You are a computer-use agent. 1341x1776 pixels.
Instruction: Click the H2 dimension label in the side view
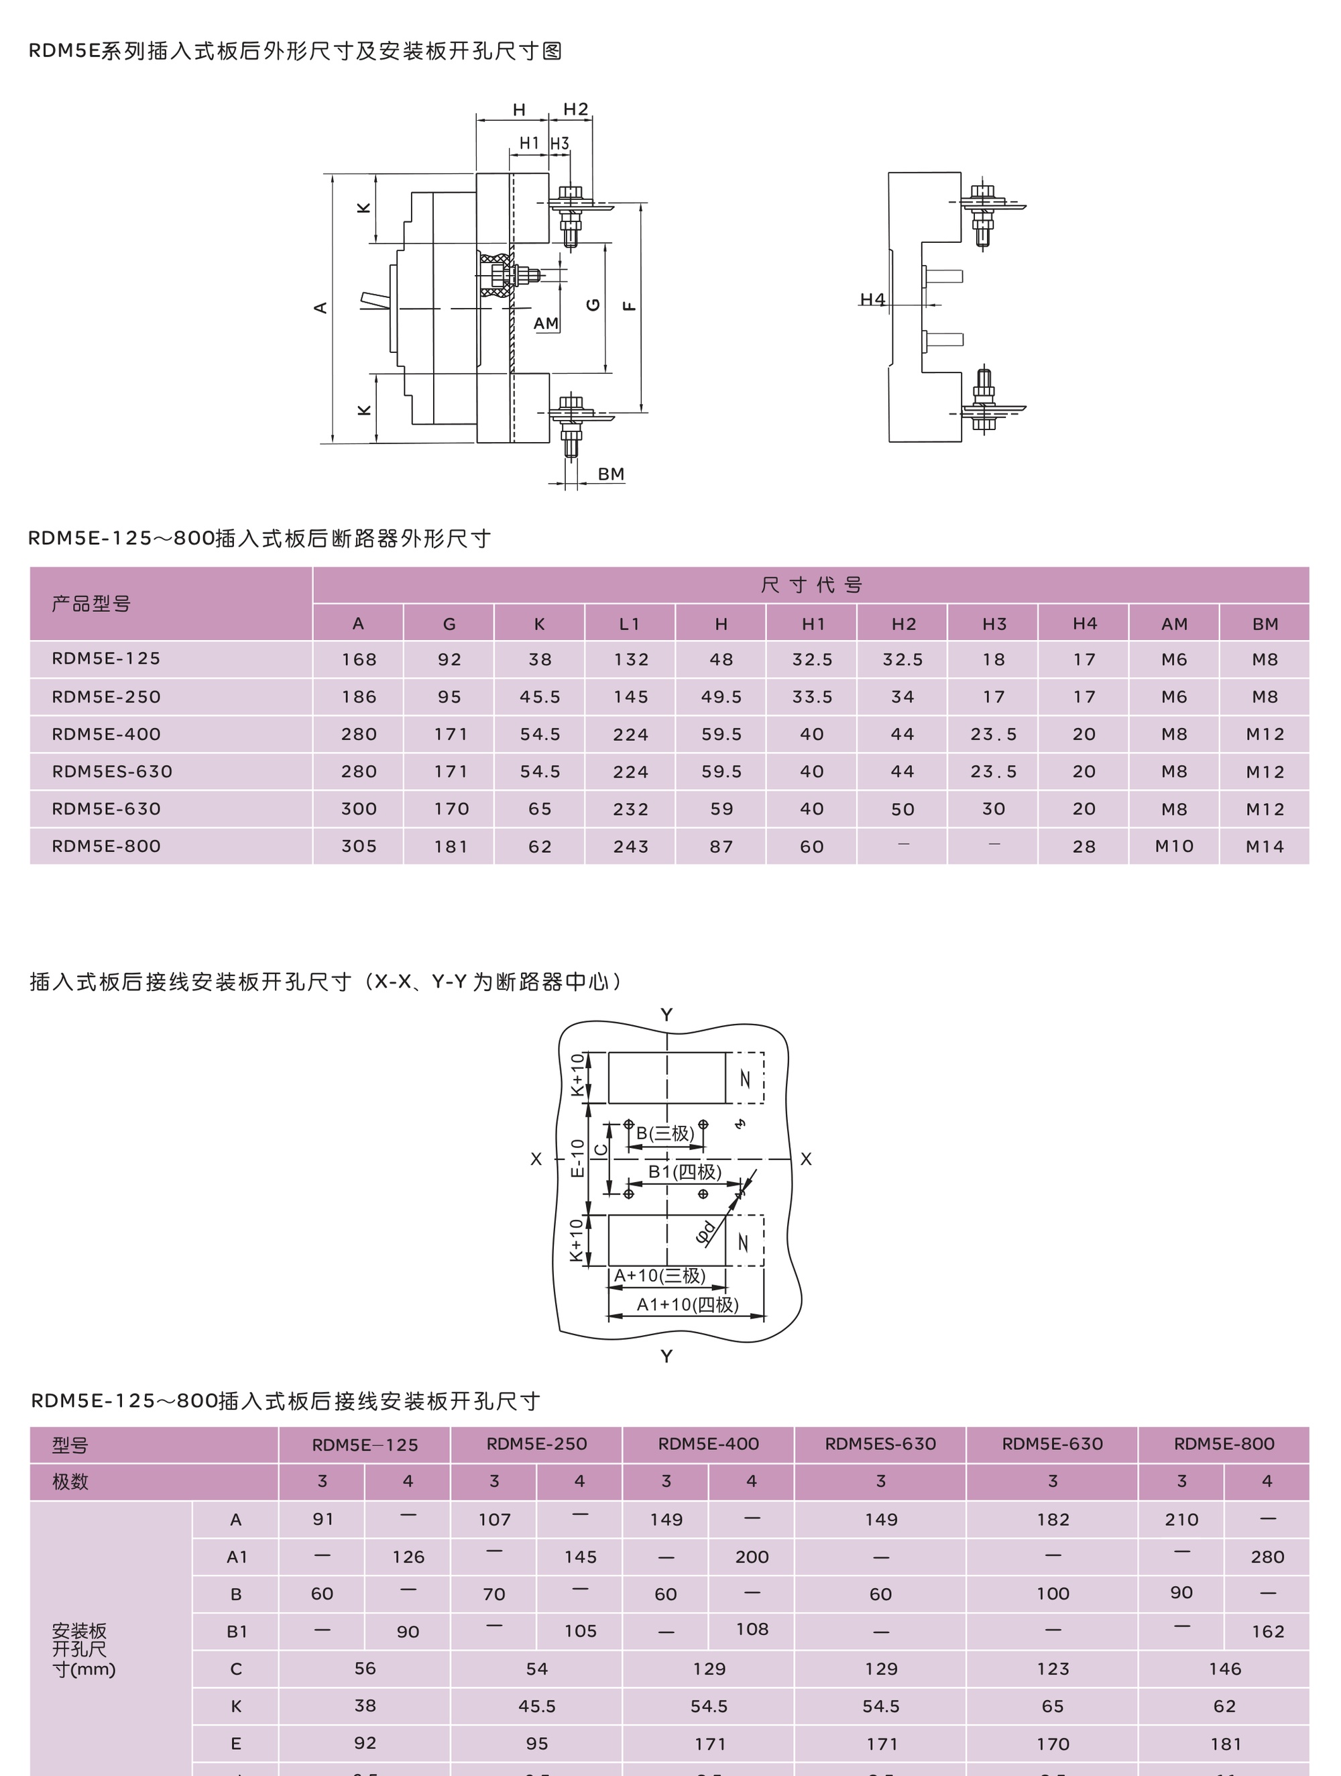click(x=575, y=109)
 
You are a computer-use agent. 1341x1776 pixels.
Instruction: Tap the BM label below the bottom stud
click(x=611, y=474)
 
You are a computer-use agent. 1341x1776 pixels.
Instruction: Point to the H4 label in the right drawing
click(x=872, y=299)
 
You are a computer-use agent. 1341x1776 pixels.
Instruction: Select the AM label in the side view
click(x=546, y=323)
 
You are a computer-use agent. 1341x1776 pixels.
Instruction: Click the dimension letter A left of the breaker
click(x=320, y=307)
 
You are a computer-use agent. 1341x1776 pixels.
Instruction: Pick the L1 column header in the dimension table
click(x=630, y=624)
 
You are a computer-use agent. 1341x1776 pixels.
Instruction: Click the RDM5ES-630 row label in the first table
click(x=113, y=772)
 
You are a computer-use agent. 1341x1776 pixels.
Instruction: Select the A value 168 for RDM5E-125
click(x=359, y=659)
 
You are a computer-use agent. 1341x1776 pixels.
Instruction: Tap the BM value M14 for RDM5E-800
click(x=1265, y=846)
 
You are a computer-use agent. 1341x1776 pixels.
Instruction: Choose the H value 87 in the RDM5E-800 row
click(x=721, y=846)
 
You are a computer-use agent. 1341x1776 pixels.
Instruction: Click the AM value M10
click(x=1174, y=846)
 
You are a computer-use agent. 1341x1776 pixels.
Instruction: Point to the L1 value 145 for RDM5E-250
click(x=631, y=697)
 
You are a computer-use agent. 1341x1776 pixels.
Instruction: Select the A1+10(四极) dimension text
click(x=687, y=1305)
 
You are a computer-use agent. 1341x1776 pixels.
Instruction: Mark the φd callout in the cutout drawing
click(x=705, y=1233)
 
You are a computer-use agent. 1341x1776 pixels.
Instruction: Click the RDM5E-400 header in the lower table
click(x=709, y=1444)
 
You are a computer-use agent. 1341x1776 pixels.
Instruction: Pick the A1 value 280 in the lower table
click(x=1267, y=1557)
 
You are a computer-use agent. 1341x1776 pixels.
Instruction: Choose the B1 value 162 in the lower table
click(x=1267, y=1632)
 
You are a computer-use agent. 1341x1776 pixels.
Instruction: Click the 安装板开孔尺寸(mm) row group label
click(x=83, y=1650)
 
